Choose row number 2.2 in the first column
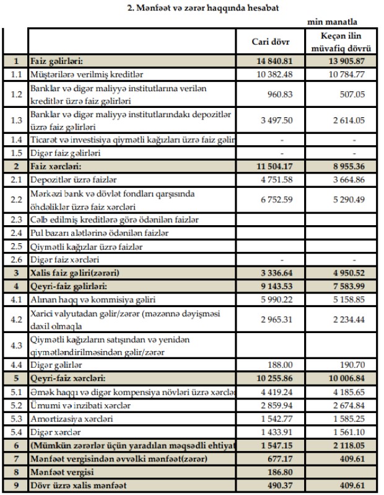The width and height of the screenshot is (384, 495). pos(15,200)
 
